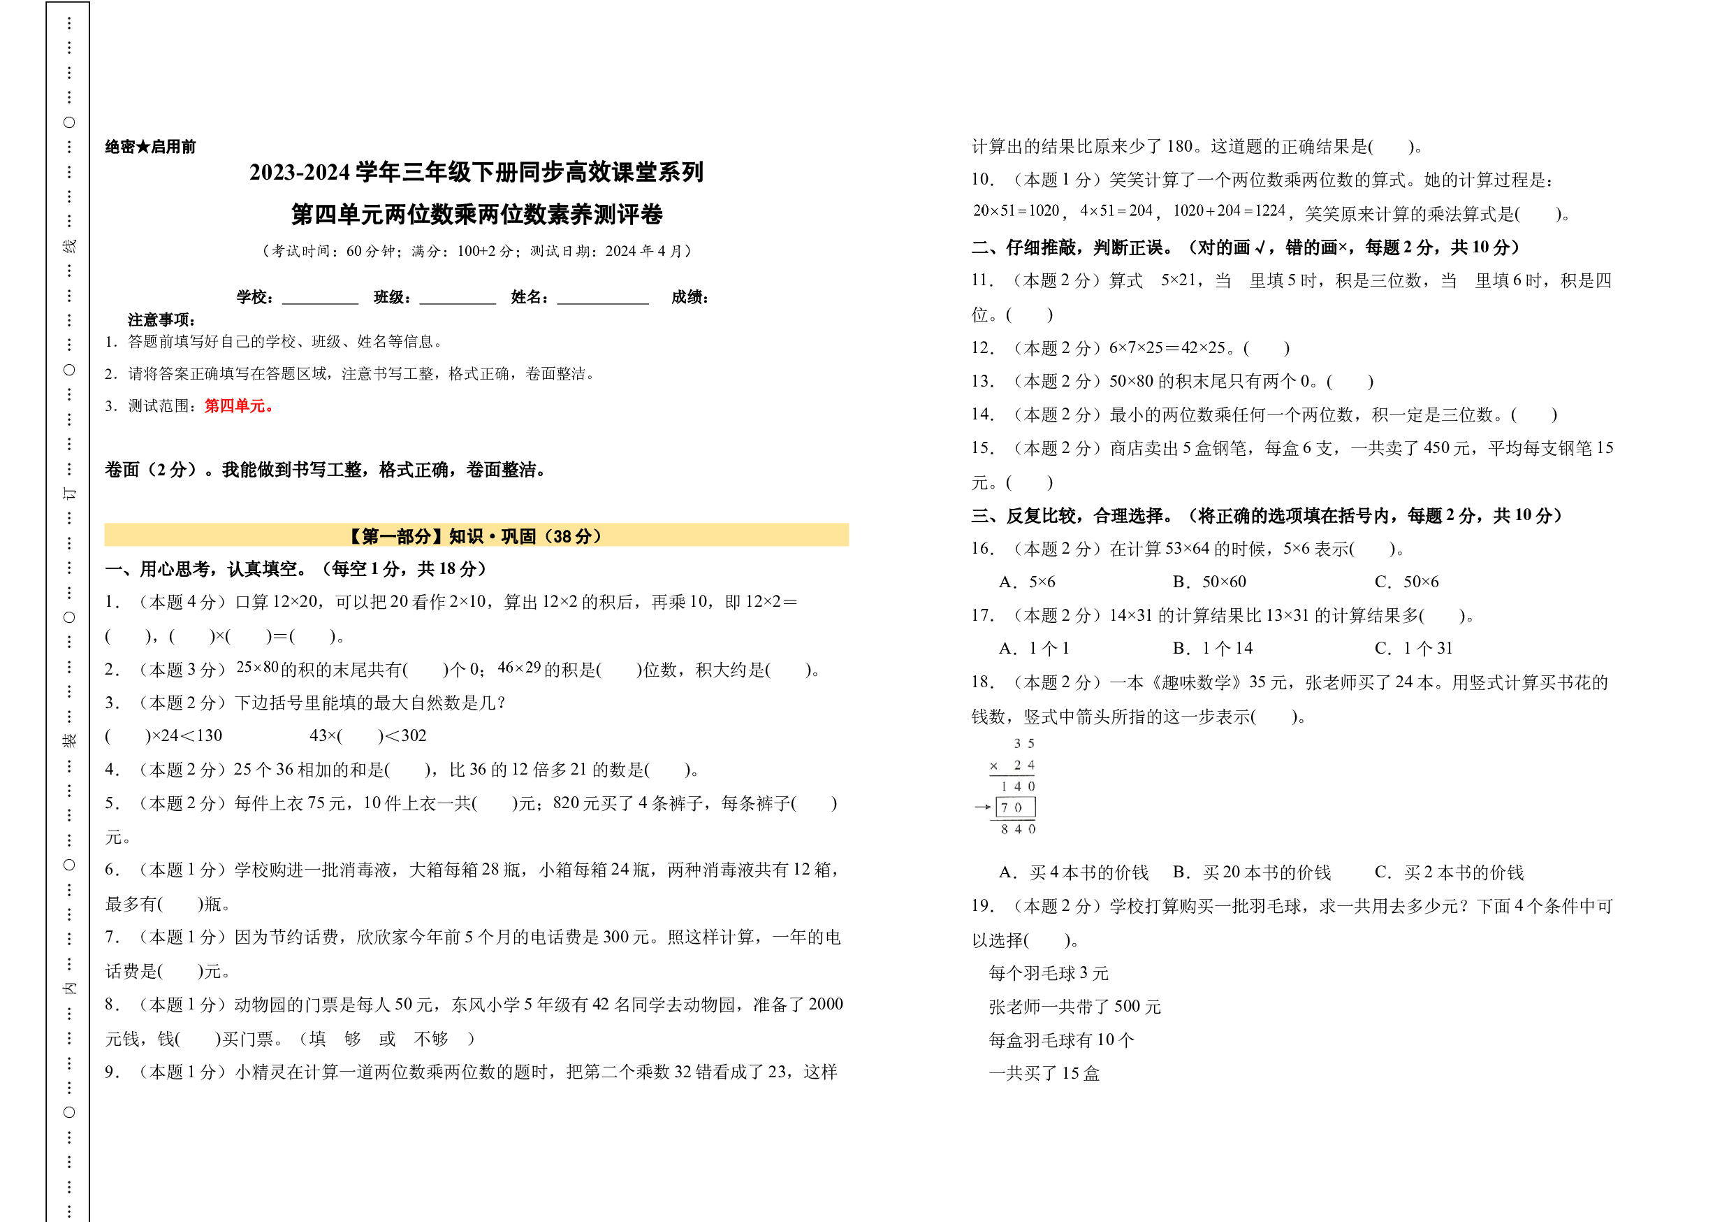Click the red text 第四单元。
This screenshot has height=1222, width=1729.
pos(239,406)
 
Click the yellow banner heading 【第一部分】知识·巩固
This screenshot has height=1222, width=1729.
pos(476,535)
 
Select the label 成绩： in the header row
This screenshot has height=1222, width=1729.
pos(690,297)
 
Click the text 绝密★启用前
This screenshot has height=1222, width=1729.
pos(151,147)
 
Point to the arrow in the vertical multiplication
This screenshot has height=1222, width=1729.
pos(983,807)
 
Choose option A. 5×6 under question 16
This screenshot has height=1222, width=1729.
pos(1027,582)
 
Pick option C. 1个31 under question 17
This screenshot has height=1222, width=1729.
pos(1413,649)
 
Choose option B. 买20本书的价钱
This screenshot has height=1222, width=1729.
pos(1252,872)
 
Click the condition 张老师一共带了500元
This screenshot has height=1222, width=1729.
pos(1074,1007)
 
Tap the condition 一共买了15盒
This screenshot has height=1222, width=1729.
pos(1044,1074)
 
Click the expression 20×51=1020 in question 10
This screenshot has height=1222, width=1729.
pos(1016,211)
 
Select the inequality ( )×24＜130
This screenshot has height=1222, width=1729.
pos(163,735)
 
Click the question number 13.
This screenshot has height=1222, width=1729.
pos(982,381)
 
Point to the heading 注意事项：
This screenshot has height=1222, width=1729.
pos(162,319)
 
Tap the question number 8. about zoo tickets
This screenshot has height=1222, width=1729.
pos(112,1005)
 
